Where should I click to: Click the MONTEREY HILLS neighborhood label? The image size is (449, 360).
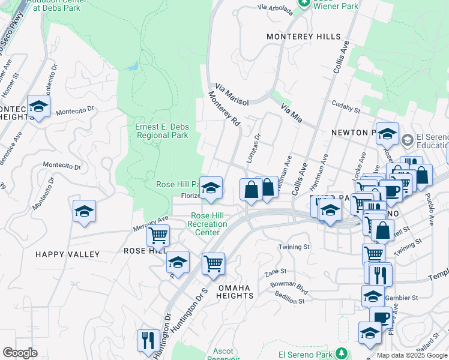click(x=304, y=37)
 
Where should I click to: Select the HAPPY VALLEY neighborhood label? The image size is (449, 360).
click(x=67, y=254)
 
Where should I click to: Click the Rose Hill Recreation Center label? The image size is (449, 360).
click(x=207, y=224)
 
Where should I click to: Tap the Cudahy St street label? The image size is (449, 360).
click(x=345, y=110)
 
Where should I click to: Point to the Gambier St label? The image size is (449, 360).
click(x=403, y=298)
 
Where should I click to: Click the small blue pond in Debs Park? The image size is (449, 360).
click(x=134, y=65)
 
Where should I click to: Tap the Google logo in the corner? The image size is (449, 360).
click(x=19, y=353)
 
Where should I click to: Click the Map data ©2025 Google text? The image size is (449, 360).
click(x=412, y=355)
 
